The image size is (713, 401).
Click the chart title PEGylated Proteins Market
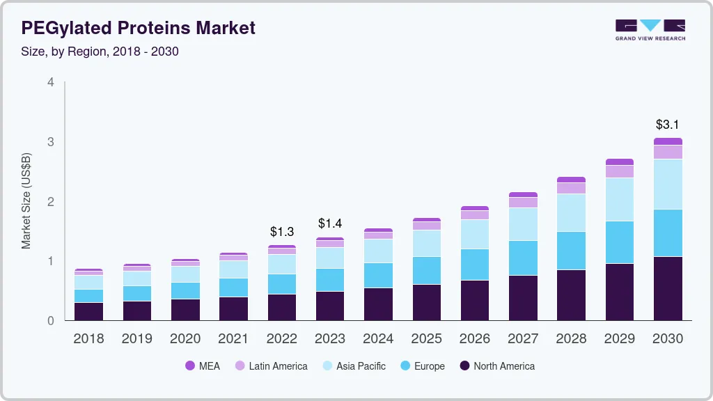point(138,28)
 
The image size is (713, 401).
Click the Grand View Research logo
point(650,30)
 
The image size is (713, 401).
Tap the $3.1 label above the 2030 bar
point(668,125)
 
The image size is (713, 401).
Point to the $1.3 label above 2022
point(282,231)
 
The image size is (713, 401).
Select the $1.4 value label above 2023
point(330,223)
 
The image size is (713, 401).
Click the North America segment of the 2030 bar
point(668,288)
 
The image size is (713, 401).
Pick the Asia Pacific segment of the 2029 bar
point(620,200)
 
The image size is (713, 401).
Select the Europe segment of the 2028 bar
point(572,251)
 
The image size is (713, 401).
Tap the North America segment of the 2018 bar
point(88,311)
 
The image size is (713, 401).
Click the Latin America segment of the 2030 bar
point(668,152)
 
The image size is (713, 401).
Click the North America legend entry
point(496,366)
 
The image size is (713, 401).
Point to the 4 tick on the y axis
point(50,82)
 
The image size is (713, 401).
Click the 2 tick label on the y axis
point(50,202)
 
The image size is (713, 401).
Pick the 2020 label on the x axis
point(185,339)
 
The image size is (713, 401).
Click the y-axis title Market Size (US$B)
point(26,200)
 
